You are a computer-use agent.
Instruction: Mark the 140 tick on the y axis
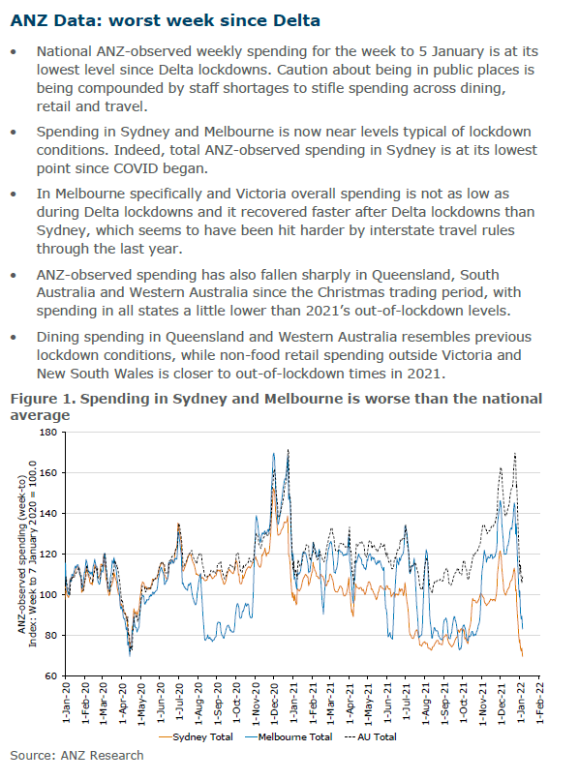coord(48,513)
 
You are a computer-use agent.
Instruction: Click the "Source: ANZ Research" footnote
coord(76,755)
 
